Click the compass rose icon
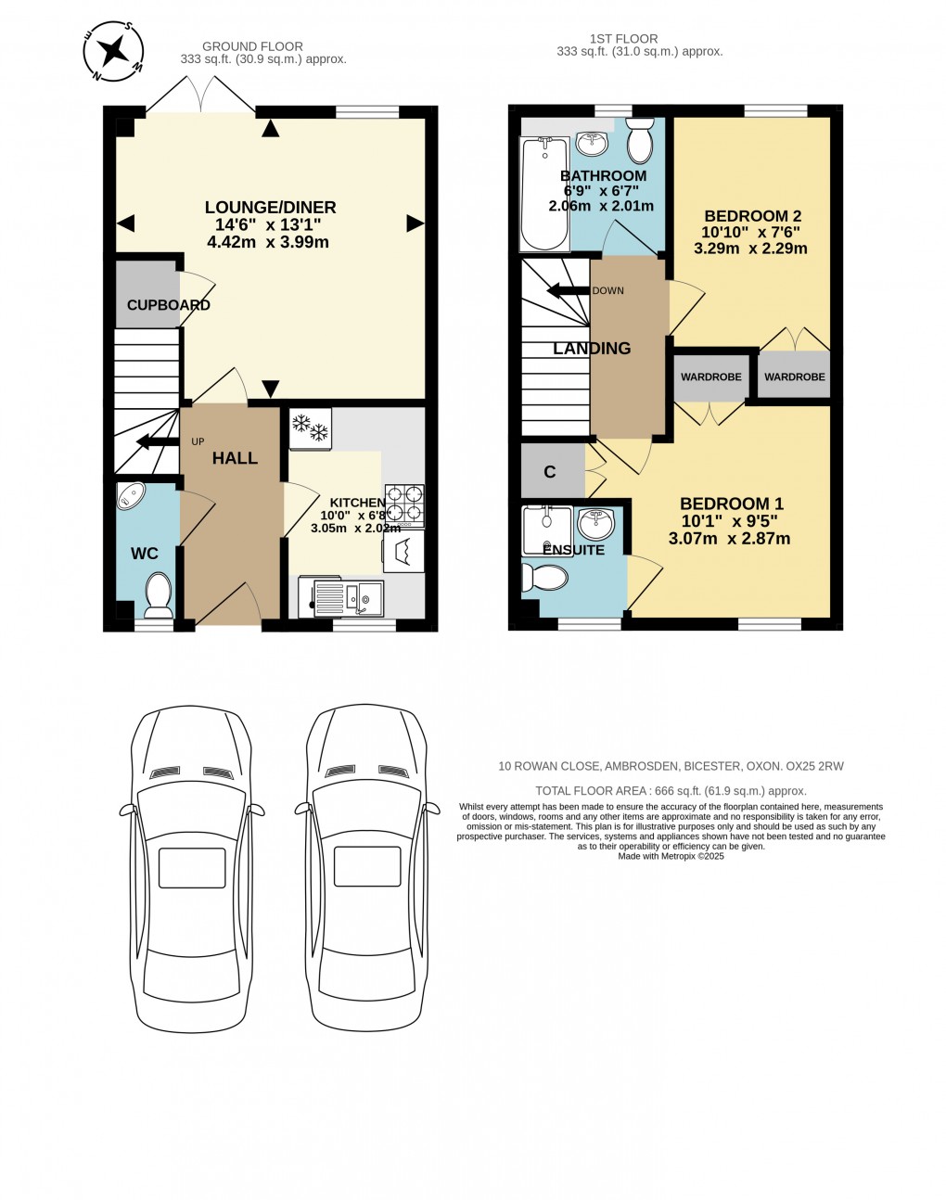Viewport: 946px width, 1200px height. click(113, 51)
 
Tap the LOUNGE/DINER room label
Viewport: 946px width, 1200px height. click(270, 208)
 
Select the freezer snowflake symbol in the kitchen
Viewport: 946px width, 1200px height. click(310, 428)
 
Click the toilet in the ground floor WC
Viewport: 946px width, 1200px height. click(159, 594)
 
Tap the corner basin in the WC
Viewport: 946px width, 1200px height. click(130, 495)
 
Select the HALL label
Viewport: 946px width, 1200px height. click(235, 458)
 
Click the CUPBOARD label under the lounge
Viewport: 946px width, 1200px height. click(168, 305)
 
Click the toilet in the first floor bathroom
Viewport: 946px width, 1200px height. click(640, 140)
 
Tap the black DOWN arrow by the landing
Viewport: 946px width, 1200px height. click(568, 291)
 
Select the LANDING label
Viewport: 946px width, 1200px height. click(592, 349)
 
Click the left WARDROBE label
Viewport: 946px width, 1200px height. click(710, 377)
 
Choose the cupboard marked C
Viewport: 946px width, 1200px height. click(550, 472)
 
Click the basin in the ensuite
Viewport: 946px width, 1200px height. click(595, 524)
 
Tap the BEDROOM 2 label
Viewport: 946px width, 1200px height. click(752, 216)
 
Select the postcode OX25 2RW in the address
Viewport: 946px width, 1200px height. click(814, 766)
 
